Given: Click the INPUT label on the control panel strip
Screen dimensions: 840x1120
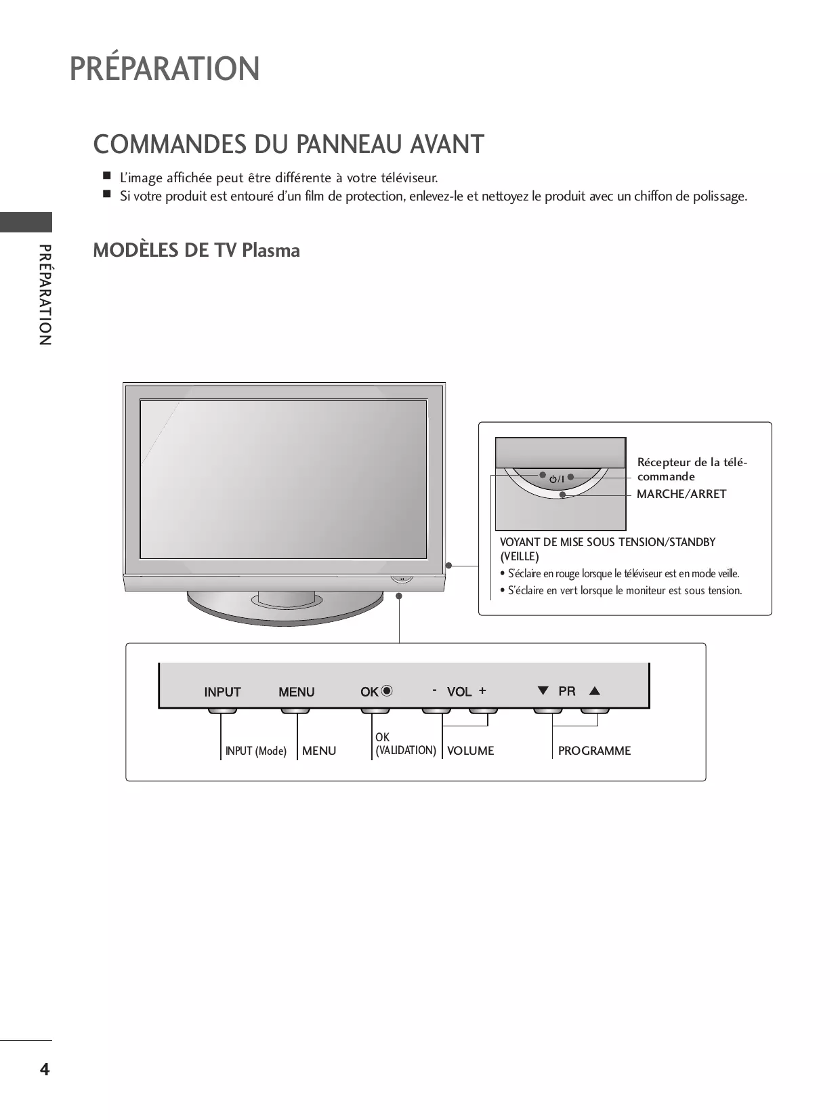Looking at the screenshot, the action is click(222, 692).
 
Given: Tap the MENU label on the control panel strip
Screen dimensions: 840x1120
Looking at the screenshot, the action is click(296, 692).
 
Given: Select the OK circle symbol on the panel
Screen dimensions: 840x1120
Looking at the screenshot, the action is click(387, 691).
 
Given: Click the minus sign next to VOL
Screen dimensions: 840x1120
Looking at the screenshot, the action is click(434, 690).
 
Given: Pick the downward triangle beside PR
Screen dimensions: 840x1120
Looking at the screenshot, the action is click(543, 690).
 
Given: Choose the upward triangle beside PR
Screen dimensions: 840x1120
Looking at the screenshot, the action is click(595, 691).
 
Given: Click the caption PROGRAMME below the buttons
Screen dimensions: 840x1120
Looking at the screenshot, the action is click(594, 751).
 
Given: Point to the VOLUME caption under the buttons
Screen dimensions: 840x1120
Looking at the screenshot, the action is click(470, 751).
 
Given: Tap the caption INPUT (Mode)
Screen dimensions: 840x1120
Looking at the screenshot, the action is click(255, 751).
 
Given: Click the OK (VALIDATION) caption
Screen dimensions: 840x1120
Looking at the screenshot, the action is click(405, 744).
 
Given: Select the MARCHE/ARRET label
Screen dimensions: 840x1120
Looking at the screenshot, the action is click(681, 494).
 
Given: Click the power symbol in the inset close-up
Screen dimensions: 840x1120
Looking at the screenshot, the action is click(553, 479).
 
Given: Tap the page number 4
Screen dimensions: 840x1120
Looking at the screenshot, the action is click(45, 1069).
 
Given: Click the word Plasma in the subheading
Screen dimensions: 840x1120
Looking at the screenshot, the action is click(271, 251).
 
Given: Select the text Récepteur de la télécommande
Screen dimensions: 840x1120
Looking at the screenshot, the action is click(692, 469).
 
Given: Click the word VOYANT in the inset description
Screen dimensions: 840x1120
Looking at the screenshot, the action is click(520, 542).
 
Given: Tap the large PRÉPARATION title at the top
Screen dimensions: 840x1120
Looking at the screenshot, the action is click(165, 68).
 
